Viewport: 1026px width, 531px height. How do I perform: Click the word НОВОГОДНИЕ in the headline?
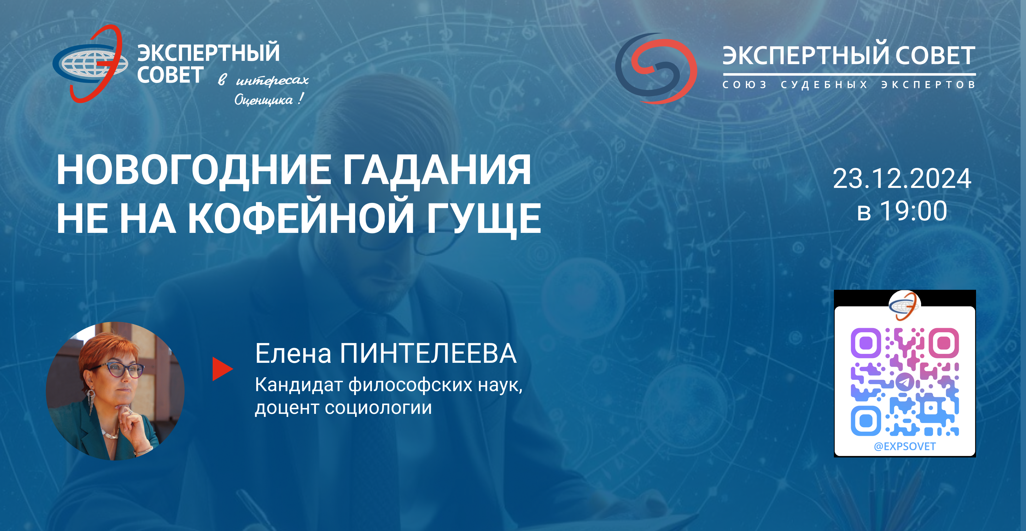tap(193, 170)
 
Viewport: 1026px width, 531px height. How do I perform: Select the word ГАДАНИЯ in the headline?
tap(437, 170)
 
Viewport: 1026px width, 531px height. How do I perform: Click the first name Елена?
tap(293, 354)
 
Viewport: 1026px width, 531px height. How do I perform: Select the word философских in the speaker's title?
tap(410, 385)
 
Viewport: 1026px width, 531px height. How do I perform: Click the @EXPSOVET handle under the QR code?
tap(904, 447)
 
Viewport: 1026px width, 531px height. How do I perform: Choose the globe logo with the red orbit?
tap(90, 64)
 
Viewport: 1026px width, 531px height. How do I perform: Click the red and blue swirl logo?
tap(656, 69)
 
